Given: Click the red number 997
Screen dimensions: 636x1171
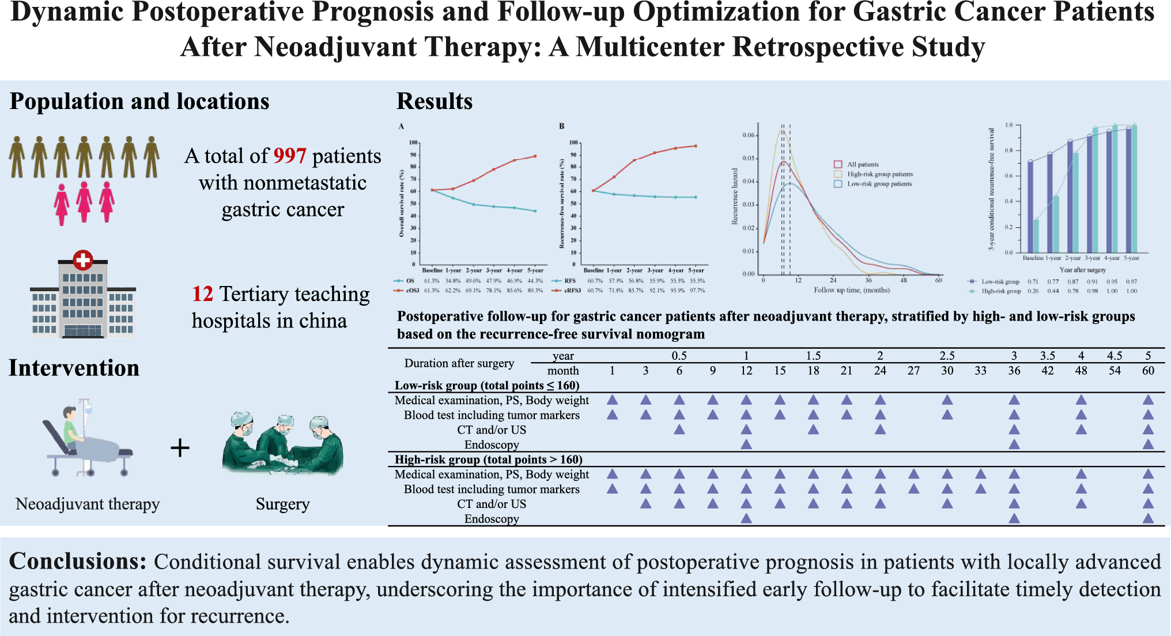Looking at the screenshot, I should click(289, 156).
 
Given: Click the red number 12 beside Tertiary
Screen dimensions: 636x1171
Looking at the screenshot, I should click(202, 294).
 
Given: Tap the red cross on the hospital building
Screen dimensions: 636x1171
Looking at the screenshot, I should click(83, 260).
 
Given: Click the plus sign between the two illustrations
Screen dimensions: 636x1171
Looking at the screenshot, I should click(180, 448).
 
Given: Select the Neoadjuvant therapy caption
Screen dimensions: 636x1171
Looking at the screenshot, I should click(88, 504).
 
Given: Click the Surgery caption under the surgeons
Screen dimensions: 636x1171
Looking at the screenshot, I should click(282, 504).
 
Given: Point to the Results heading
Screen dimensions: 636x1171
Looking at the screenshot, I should click(434, 101).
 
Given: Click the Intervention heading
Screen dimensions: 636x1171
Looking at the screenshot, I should click(74, 368).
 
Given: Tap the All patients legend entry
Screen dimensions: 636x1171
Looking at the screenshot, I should click(862, 164).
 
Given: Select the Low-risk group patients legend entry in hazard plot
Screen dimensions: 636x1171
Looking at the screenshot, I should click(878, 184).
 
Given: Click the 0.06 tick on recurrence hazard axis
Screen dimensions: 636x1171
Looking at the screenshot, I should click(748, 135).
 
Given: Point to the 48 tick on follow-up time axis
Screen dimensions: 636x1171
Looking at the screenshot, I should click(904, 280).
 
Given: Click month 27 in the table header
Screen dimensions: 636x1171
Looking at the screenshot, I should click(913, 371).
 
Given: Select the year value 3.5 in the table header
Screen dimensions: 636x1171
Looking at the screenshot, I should click(1047, 356).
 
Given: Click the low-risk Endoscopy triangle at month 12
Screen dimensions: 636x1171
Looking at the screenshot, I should click(746, 444).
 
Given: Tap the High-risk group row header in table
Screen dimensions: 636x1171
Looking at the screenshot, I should click(488, 460).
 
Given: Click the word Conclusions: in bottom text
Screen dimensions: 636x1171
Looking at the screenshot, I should click(78, 561).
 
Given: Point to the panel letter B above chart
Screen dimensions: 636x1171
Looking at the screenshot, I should click(561, 126).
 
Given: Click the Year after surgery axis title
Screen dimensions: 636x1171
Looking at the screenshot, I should click(1082, 270).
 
